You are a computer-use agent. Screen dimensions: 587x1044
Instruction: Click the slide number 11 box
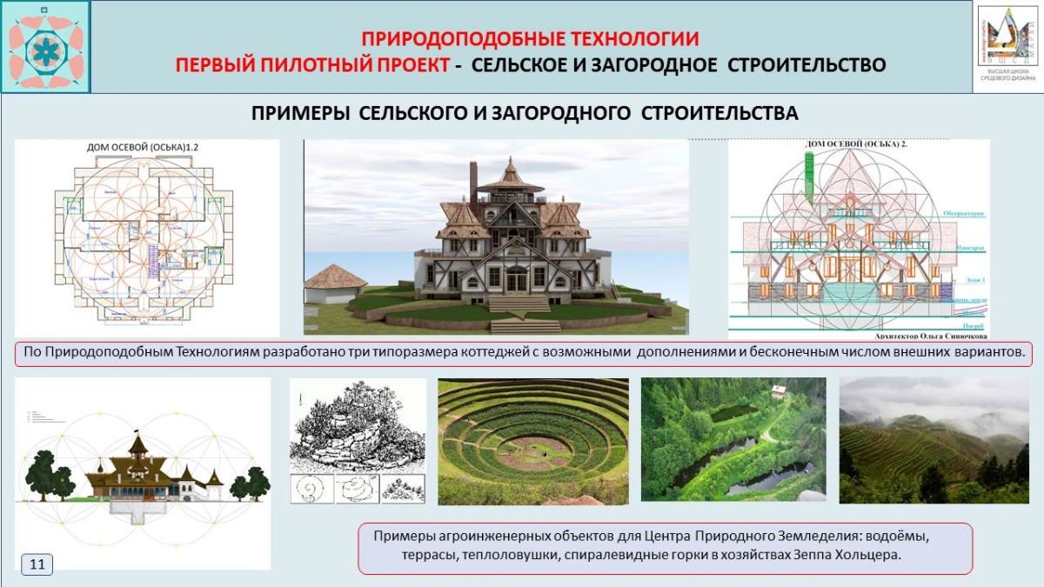coord(37,564)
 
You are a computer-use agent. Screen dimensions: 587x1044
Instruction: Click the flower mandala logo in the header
coord(45,47)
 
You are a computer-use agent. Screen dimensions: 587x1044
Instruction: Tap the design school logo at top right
coord(1007,45)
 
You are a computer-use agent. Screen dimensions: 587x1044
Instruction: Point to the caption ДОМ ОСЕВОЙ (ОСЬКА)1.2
coord(143,147)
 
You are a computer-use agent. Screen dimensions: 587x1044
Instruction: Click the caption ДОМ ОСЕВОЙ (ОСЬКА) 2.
coord(857,144)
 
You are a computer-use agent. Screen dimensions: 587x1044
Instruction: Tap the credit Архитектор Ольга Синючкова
coord(921,333)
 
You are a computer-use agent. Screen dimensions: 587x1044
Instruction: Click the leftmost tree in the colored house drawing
coord(41,474)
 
